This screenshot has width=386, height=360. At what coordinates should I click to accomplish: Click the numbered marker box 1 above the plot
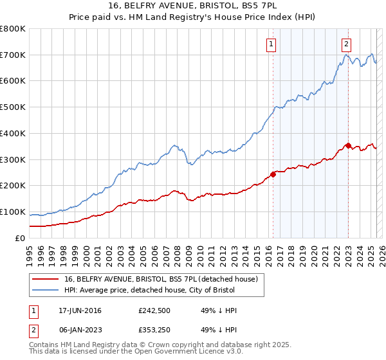pyautogui.click(x=271, y=44)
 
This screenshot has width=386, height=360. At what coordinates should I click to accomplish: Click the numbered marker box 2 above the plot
pyautogui.click(x=346, y=44)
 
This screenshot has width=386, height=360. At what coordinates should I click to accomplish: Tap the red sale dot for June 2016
pyautogui.click(x=273, y=174)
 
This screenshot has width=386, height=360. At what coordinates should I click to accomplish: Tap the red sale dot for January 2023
pyautogui.click(x=348, y=145)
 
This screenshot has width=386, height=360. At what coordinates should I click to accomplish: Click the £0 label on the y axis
pyautogui.click(x=20, y=238)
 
